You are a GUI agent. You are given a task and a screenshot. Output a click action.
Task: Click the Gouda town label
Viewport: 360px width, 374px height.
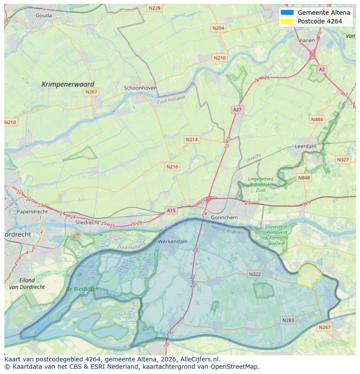[43, 16]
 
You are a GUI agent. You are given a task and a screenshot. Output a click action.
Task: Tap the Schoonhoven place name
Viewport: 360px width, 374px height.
[140, 88]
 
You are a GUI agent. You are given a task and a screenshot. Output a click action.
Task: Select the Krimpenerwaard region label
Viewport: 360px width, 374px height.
[68, 84]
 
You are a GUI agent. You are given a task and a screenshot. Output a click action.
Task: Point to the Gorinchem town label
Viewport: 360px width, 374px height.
[224, 217]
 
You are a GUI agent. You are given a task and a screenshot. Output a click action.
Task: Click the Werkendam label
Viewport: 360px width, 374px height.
[173, 241]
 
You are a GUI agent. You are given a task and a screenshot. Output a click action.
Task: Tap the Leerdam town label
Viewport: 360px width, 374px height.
[306, 147]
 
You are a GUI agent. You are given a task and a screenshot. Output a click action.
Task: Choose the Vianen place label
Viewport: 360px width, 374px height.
[307, 40]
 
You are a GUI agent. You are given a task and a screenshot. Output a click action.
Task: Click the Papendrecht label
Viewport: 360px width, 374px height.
[32, 212]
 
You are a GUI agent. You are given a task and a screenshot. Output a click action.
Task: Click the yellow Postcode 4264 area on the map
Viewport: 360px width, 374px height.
[309, 275]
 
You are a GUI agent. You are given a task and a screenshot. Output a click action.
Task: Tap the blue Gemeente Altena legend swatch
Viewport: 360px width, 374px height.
[287, 13]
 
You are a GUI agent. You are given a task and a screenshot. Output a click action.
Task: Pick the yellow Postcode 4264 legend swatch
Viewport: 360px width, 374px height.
[287, 21]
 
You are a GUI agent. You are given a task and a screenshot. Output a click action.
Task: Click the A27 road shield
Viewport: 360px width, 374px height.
[237, 110]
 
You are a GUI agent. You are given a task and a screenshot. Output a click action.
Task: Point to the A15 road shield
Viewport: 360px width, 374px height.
[171, 211]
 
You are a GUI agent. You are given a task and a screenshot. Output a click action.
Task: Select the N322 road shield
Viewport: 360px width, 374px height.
[255, 274]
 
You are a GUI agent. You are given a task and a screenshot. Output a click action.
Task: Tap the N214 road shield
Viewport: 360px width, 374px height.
[192, 139]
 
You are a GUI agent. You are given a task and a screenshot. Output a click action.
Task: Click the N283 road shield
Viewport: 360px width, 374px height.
[288, 320]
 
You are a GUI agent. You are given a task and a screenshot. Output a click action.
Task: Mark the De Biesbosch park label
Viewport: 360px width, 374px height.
[82, 289]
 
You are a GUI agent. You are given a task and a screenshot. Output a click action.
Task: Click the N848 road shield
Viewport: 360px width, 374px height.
[304, 178]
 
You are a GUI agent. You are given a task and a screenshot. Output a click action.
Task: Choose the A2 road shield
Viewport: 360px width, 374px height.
[321, 69]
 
